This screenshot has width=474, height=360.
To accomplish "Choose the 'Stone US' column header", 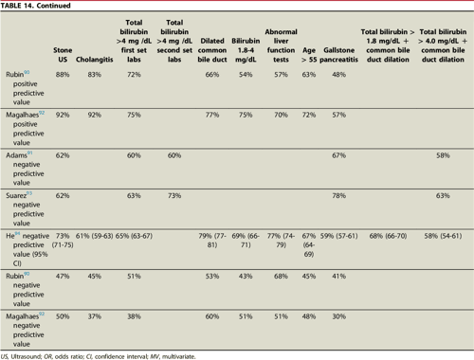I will pos(62,52).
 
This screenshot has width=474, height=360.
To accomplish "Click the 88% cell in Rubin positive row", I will pos(63,74).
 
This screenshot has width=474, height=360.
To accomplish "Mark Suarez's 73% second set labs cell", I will pos(173,195).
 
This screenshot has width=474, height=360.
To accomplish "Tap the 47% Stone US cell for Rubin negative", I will pos(63,278).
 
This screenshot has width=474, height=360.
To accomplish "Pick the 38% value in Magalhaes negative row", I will pos(134,317).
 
